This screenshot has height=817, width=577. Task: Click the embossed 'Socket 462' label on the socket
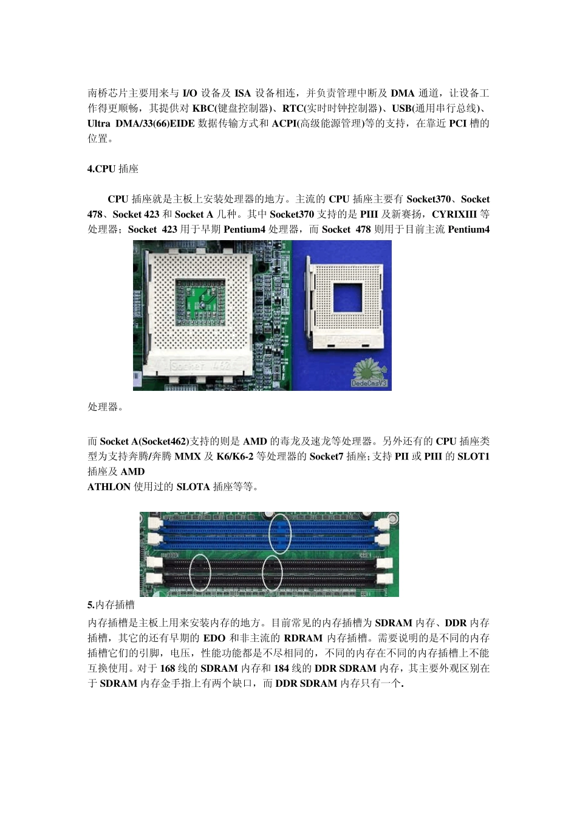pyautogui.click(x=201, y=366)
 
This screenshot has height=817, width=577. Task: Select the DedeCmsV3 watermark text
pyautogui.click(x=369, y=384)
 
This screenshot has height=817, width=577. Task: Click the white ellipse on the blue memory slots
pyautogui.click(x=280, y=533)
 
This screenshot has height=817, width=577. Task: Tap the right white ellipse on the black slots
pyautogui.click(x=272, y=572)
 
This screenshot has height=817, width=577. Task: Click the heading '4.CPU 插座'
pyautogui.click(x=113, y=169)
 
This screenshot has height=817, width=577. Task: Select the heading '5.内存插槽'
pyautogui.click(x=111, y=605)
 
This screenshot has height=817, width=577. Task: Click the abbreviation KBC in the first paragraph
pyautogui.click(x=203, y=109)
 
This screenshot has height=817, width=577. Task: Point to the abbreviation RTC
pyautogui.click(x=293, y=109)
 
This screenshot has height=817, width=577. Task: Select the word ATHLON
pyautogui.click(x=109, y=487)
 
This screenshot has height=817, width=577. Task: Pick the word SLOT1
pyautogui.click(x=473, y=457)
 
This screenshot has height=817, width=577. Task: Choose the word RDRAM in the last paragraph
pyautogui.click(x=303, y=638)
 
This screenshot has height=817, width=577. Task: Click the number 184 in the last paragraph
pyautogui.click(x=281, y=669)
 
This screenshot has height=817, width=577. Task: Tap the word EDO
pyautogui.click(x=214, y=638)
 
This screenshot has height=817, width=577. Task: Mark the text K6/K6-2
pyautogui.click(x=235, y=457)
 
